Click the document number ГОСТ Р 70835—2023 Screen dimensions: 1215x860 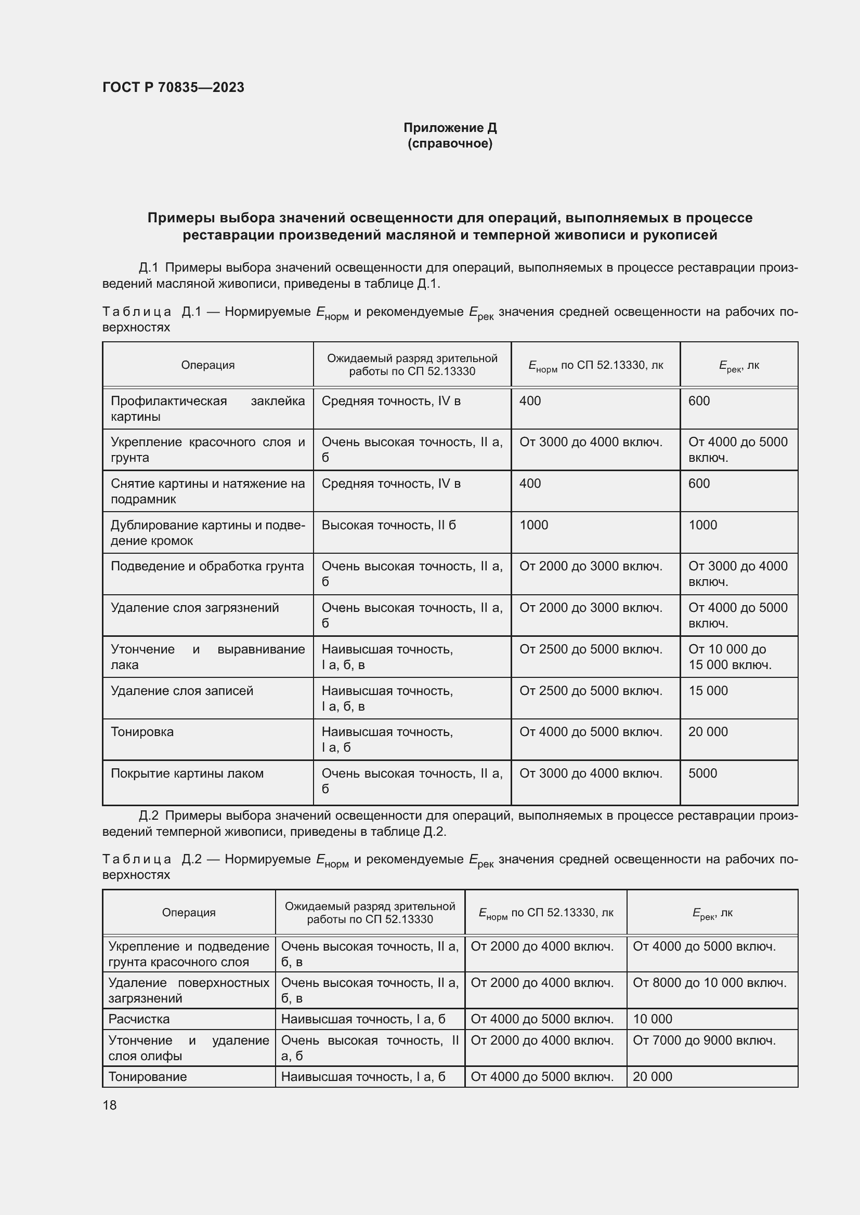(x=173, y=87)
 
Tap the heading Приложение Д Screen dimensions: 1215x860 (x=450, y=128)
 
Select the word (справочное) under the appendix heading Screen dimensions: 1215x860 (x=450, y=143)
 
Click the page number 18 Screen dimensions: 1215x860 (x=110, y=1105)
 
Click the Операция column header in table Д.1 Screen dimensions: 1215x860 (x=207, y=365)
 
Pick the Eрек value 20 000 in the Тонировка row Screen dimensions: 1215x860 (x=708, y=732)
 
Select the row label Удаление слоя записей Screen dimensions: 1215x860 (x=181, y=690)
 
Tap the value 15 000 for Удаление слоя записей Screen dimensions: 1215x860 (x=708, y=690)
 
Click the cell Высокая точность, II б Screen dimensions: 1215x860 (x=388, y=525)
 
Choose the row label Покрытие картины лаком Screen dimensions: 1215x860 (x=187, y=773)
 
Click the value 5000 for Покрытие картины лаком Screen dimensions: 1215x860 (x=703, y=773)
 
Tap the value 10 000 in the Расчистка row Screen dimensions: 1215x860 (x=653, y=1019)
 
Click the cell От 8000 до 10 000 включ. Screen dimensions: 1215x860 (x=710, y=983)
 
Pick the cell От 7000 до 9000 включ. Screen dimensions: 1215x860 (x=705, y=1040)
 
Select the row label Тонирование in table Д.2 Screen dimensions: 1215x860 (x=147, y=1076)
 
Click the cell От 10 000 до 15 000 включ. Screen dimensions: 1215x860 (x=729, y=657)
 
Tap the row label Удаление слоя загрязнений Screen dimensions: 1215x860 (x=194, y=608)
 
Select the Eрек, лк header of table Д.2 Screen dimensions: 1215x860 (x=712, y=913)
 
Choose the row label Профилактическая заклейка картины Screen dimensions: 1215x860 (x=207, y=408)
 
